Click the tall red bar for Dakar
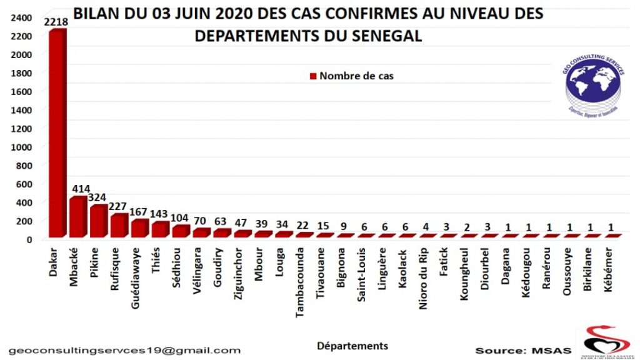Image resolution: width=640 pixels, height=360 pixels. click(x=57, y=134)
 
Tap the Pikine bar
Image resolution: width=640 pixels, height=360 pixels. click(x=98, y=221)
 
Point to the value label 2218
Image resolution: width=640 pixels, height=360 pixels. click(x=57, y=22)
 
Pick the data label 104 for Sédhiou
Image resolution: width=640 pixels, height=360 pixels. click(x=181, y=219)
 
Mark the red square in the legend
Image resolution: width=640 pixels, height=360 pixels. click(x=313, y=76)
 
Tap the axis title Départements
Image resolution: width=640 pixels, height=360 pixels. click(x=352, y=346)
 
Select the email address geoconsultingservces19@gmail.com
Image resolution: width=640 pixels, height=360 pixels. click(x=124, y=351)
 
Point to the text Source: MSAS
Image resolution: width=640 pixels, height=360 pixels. click(x=523, y=351)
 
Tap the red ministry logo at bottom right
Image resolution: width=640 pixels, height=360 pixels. click(x=606, y=341)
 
